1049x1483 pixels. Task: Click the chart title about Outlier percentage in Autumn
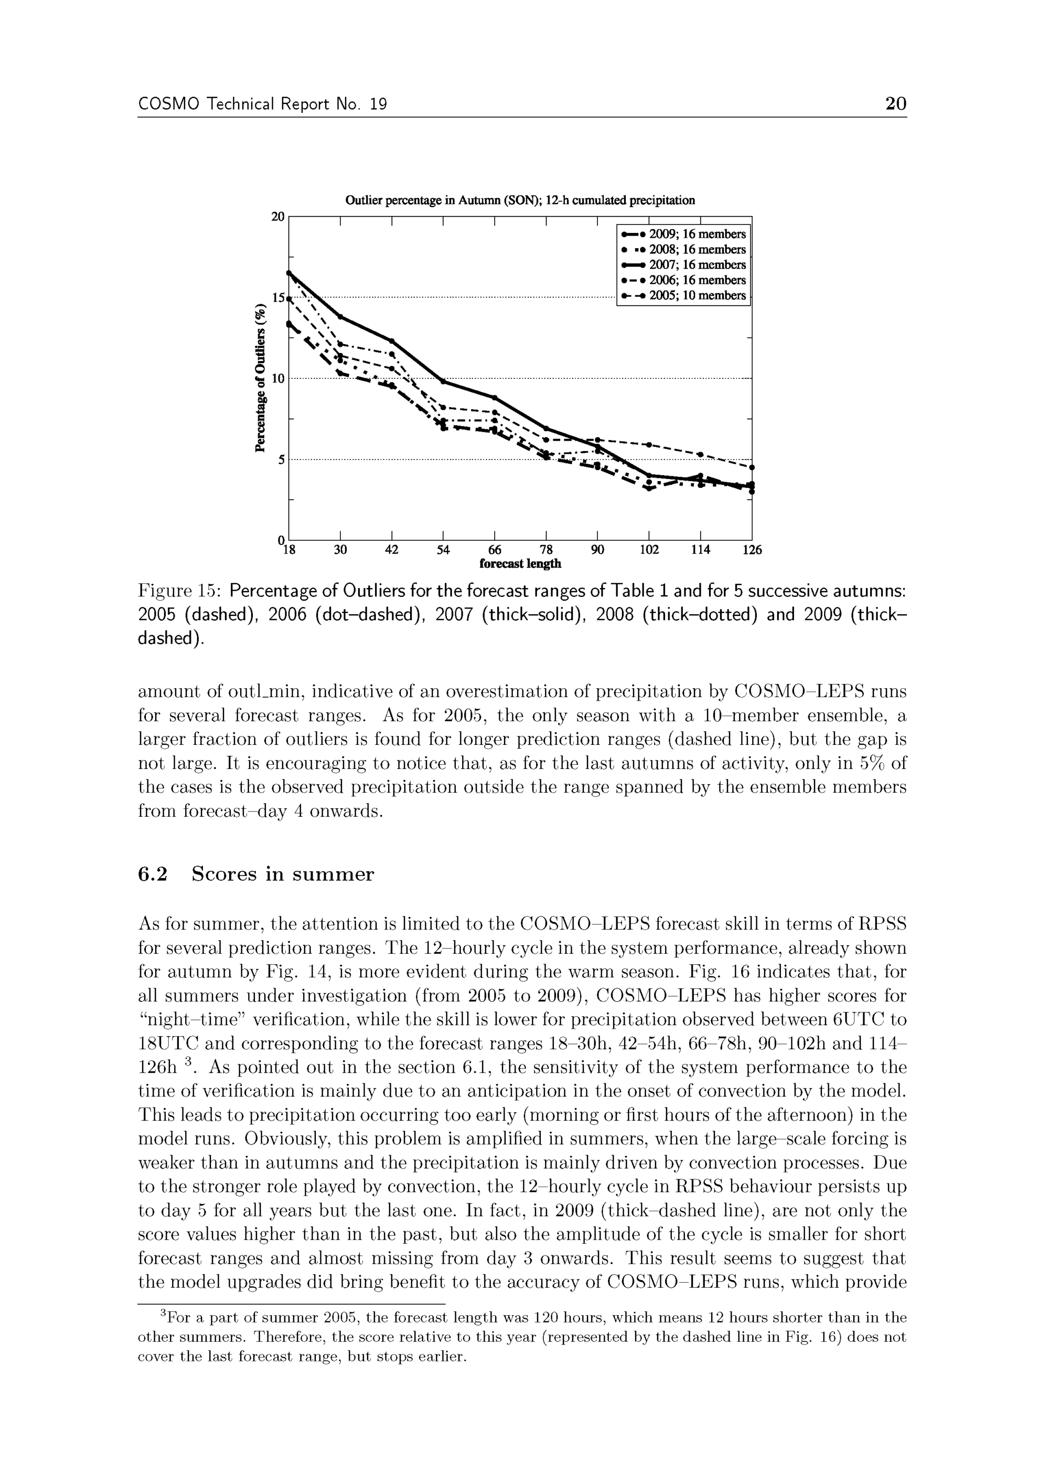point(520,200)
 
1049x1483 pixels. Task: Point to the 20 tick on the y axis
point(278,217)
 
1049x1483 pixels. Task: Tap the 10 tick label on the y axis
point(278,379)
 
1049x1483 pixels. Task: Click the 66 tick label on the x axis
point(494,550)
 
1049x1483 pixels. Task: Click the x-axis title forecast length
point(520,564)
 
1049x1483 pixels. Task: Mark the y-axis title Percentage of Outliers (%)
point(261,378)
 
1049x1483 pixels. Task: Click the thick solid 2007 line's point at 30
point(340,316)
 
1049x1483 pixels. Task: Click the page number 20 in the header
point(895,104)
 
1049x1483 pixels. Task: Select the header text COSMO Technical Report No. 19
point(262,104)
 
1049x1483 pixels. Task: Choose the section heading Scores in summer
point(283,874)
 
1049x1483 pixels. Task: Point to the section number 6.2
point(153,874)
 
